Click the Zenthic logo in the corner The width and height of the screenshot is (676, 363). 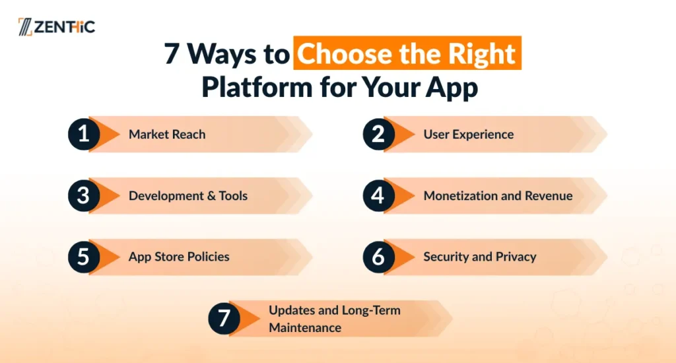(x=57, y=26)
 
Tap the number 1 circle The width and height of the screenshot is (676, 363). (x=84, y=134)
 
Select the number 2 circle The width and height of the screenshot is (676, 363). (x=378, y=134)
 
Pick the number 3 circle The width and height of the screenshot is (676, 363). (x=84, y=196)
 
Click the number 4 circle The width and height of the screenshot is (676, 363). (x=378, y=196)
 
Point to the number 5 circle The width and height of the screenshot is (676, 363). (x=84, y=257)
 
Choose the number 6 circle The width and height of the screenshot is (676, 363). (x=378, y=257)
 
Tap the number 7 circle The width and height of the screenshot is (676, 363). (x=224, y=319)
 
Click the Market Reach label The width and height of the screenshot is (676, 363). (x=167, y=135)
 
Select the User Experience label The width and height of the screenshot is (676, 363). (x=469, y=135)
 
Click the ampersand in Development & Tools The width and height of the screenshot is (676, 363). (x=211, y=196)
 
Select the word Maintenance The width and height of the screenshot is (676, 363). (x=305, y=327)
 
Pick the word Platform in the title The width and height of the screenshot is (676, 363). (x=257, y=86)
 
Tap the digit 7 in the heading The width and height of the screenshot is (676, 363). (x=171, y=54)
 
